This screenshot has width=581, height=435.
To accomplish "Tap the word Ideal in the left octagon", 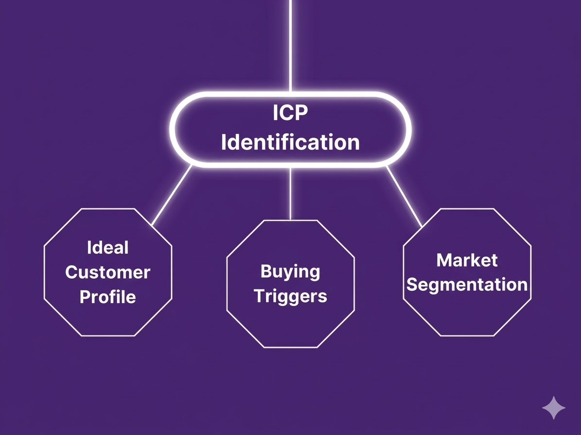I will tap(107, 248).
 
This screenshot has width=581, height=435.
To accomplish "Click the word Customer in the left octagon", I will tap(107, 272).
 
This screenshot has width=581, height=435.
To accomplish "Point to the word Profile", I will tap(107, 297).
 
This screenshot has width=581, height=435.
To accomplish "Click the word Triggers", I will tap(290, 296).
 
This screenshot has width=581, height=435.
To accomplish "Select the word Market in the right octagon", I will tap(467, 260).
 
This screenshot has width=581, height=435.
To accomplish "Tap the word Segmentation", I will tap(467, 284).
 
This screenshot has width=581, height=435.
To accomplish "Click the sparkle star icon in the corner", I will tap(554, 408).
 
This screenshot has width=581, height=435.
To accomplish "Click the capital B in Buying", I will tap(266, 271).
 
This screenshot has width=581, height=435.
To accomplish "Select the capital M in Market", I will tap(444, 260).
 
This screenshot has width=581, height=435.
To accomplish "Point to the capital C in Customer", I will tap(71, 272).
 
